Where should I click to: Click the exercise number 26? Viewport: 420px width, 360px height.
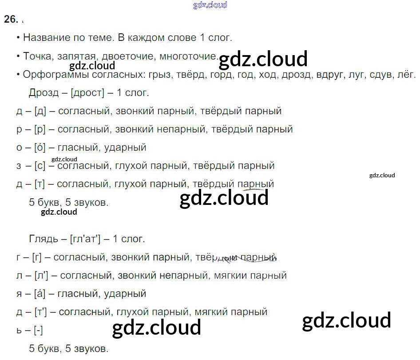pyautogui.click(x=11, y=19)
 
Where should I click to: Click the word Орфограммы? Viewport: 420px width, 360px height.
pyautogui.click(x=50, y=75)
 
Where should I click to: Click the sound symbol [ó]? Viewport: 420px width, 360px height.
pyautogui.click(x=40, y=147)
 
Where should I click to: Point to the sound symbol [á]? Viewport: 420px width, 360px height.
pyautogui.click(x=40, y=293)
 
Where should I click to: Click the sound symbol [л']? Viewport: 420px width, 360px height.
pyautogui.click(x=41, y=276)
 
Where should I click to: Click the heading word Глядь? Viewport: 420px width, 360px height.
pyautogui.click(x=44, y=239)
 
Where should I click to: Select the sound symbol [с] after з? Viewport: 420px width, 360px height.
pyautogui.click(x=39, y=166)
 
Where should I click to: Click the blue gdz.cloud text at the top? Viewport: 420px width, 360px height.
pyautogui.click(x=210, y=5)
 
